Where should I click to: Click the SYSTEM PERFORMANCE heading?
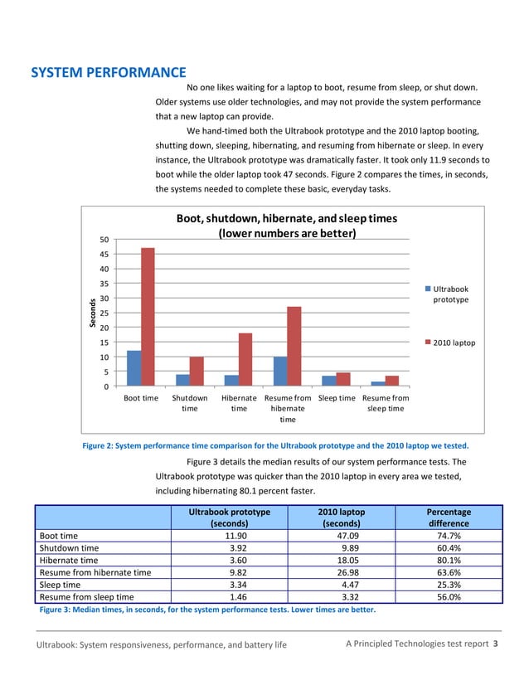[x=108, y=73]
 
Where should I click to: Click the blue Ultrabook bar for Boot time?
[x=133, y=368]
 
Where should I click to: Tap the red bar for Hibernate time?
[x=245, y=359]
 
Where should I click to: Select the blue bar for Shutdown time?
[x=182, y=380]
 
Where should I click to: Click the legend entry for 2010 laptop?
[x=450, y=342]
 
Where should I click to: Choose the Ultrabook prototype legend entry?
[x=450, y=294]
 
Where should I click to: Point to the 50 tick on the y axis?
[x=103, y=240]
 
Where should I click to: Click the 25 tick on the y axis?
[x=103, y=313]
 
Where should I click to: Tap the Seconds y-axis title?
[x=93, y=313]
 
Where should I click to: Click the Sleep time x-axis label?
[x=337, y=398]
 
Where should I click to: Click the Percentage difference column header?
[x=449, y=517]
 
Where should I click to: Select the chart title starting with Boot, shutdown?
[x=286, y=226]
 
